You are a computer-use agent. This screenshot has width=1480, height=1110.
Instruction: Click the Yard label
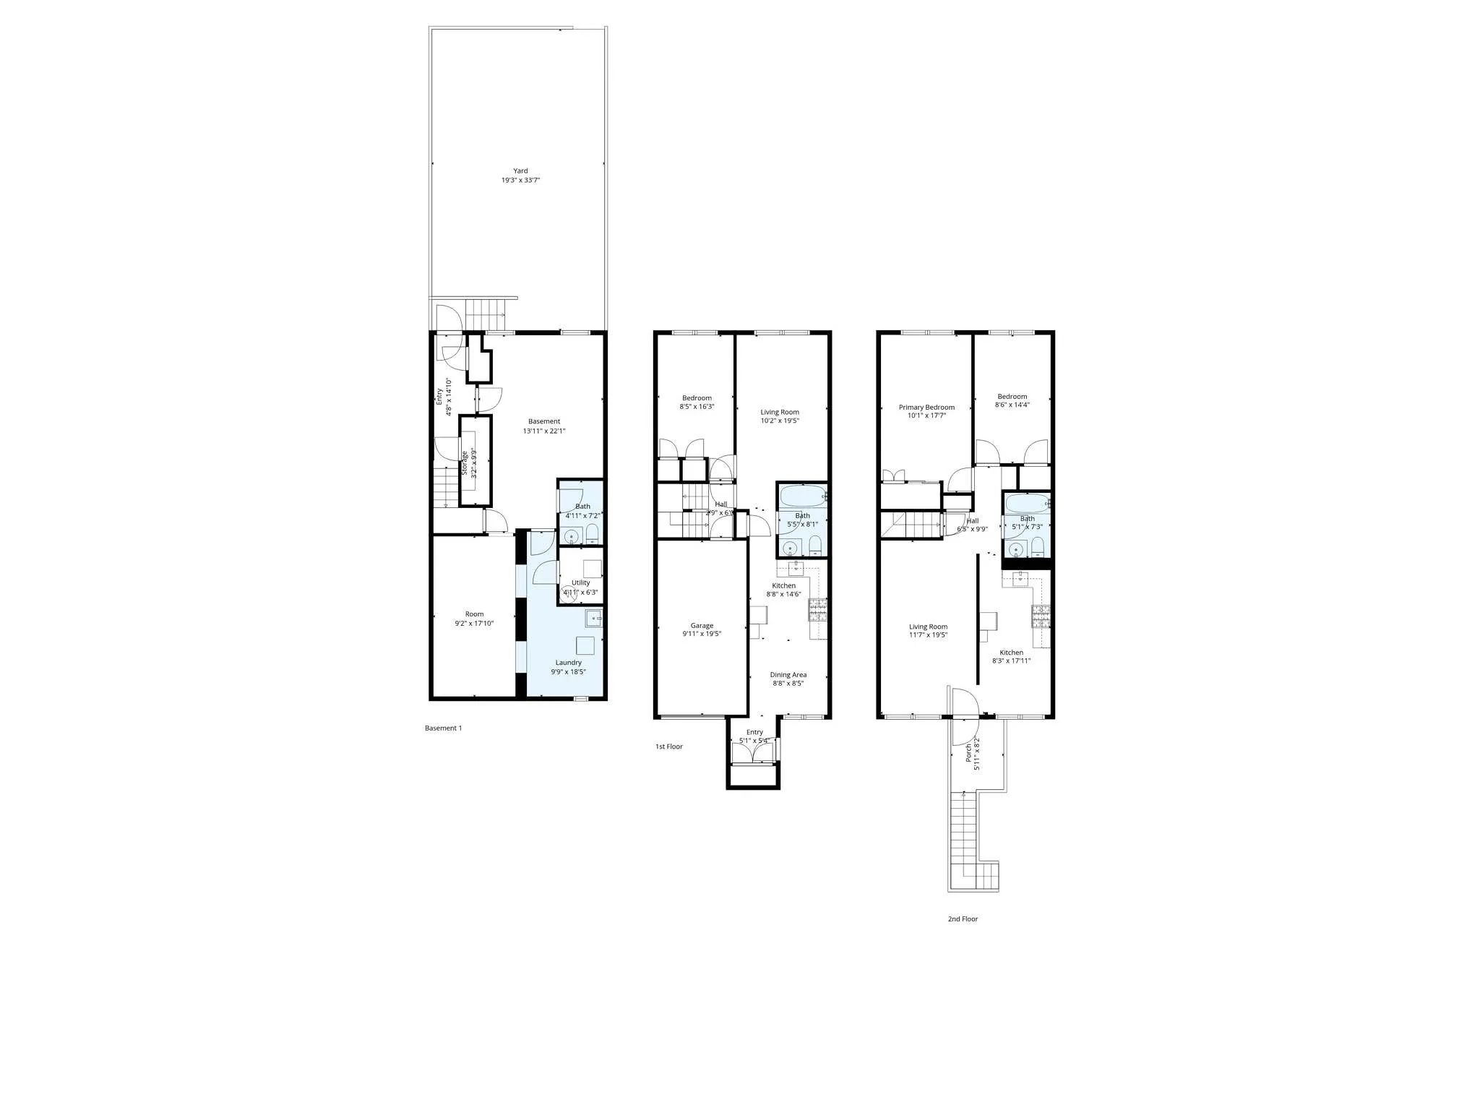[x=520, y=171]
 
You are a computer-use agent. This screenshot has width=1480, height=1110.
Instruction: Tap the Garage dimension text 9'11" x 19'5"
[x=702, y=634]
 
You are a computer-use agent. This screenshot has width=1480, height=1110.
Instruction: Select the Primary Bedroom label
[x=926, y=408]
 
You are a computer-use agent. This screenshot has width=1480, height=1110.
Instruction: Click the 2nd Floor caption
[x=963, y=919]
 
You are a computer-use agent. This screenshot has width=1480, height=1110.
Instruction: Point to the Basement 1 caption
[x=443, y=728]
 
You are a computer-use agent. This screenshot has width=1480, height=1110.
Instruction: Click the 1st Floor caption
[x=668, y=747]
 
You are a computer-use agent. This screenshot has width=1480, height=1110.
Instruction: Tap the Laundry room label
[x=568, y=663]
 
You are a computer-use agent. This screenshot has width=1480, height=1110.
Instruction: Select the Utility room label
[x=580, y=582]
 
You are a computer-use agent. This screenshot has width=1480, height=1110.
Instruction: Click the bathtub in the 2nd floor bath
[x=1026, y=504]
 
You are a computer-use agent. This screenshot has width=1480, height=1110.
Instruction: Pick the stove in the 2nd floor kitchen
[x=1041, y=615]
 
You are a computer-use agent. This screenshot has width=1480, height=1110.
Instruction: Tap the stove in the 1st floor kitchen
[x=817, y=610]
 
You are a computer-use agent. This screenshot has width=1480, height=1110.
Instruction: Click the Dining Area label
[x=788, y=675]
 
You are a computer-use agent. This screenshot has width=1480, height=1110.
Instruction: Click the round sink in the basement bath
[x=572, y=536]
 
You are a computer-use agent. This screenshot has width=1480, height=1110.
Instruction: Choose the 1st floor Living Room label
[x=779, y=412]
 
